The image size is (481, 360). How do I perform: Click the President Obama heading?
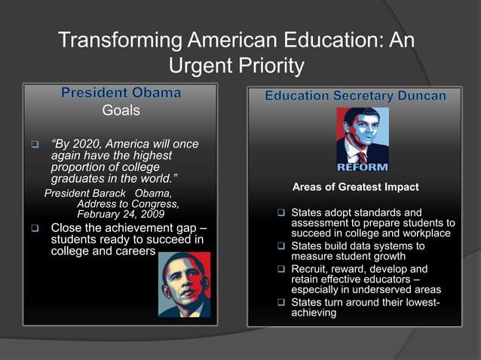[121, 93]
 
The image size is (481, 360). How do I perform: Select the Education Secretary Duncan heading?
[355, 96]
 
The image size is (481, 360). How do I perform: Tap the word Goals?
[121, 111]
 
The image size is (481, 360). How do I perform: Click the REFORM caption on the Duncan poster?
[363, 166]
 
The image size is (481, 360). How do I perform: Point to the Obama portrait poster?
[184, 284]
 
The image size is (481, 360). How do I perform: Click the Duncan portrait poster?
[363, 139]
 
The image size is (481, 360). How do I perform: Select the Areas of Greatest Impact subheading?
[355, 187]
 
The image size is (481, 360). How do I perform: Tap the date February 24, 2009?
[115, 214]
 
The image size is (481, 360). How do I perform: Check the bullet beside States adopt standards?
[281, 214]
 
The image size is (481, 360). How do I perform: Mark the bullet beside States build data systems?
[281, 246]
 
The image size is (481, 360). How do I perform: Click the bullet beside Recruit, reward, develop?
[281, 269]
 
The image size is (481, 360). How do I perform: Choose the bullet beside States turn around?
[281, 303]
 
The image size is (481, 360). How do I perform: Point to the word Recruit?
[311, 269]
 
